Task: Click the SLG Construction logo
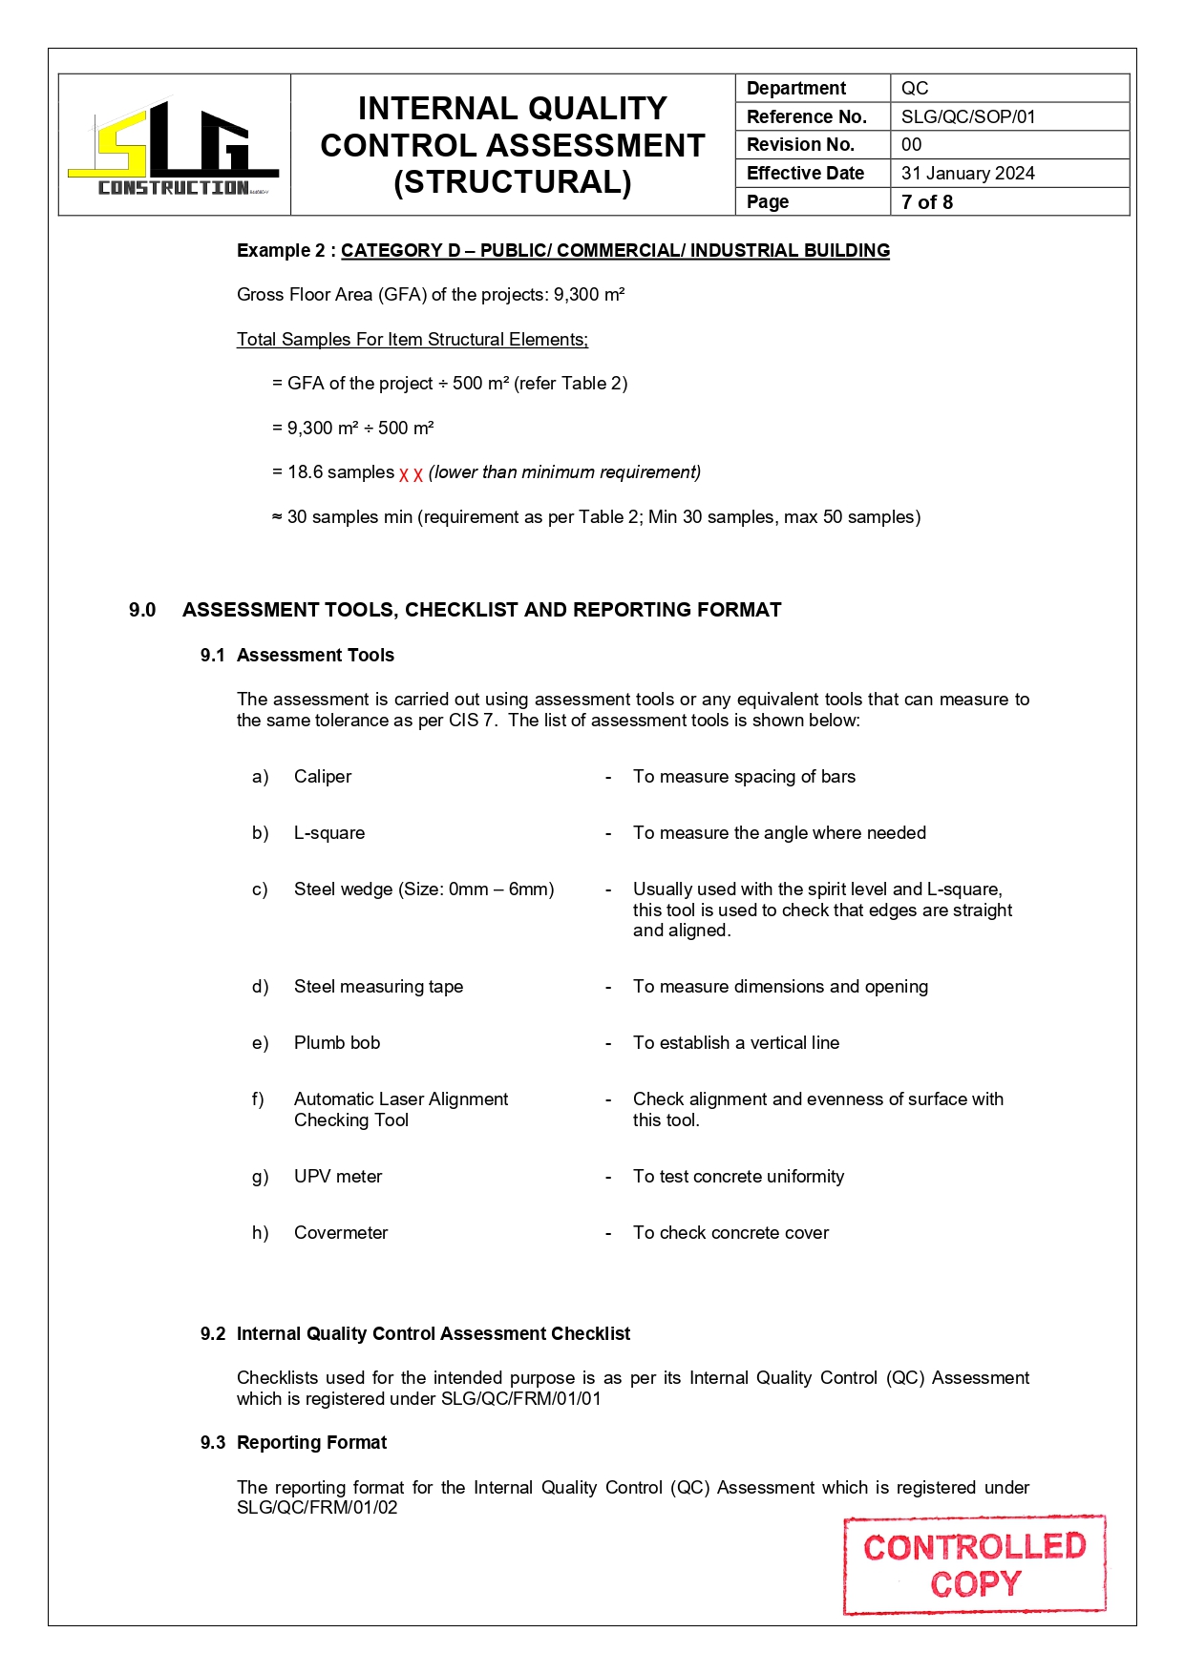(x=174, y=148)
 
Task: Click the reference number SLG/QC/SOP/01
(x=967, y=116)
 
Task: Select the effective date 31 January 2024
(x=967, y=173)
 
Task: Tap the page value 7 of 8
(x=926, y=201)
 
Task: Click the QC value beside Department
(x=914, y=88)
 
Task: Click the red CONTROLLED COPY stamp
(x=974, y=1565)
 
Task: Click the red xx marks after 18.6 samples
(x=411, y=473)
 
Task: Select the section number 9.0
(x=142, y=610)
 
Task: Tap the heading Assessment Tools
(x=315, y=655)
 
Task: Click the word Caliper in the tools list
(x=323, y=777)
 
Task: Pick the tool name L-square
(x=329, y=833)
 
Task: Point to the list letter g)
(x=260, y=1177)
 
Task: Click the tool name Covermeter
(x=341, y=1233)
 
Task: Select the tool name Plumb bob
(x=337, y=1043)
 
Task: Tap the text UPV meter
(x=338, y=1177)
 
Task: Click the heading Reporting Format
(x=311, y=1442)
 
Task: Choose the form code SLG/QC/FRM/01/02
(x=317, y=1508)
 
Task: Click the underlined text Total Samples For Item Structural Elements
(x=412, y=340)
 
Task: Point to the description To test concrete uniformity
(x=738, y=1177)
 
